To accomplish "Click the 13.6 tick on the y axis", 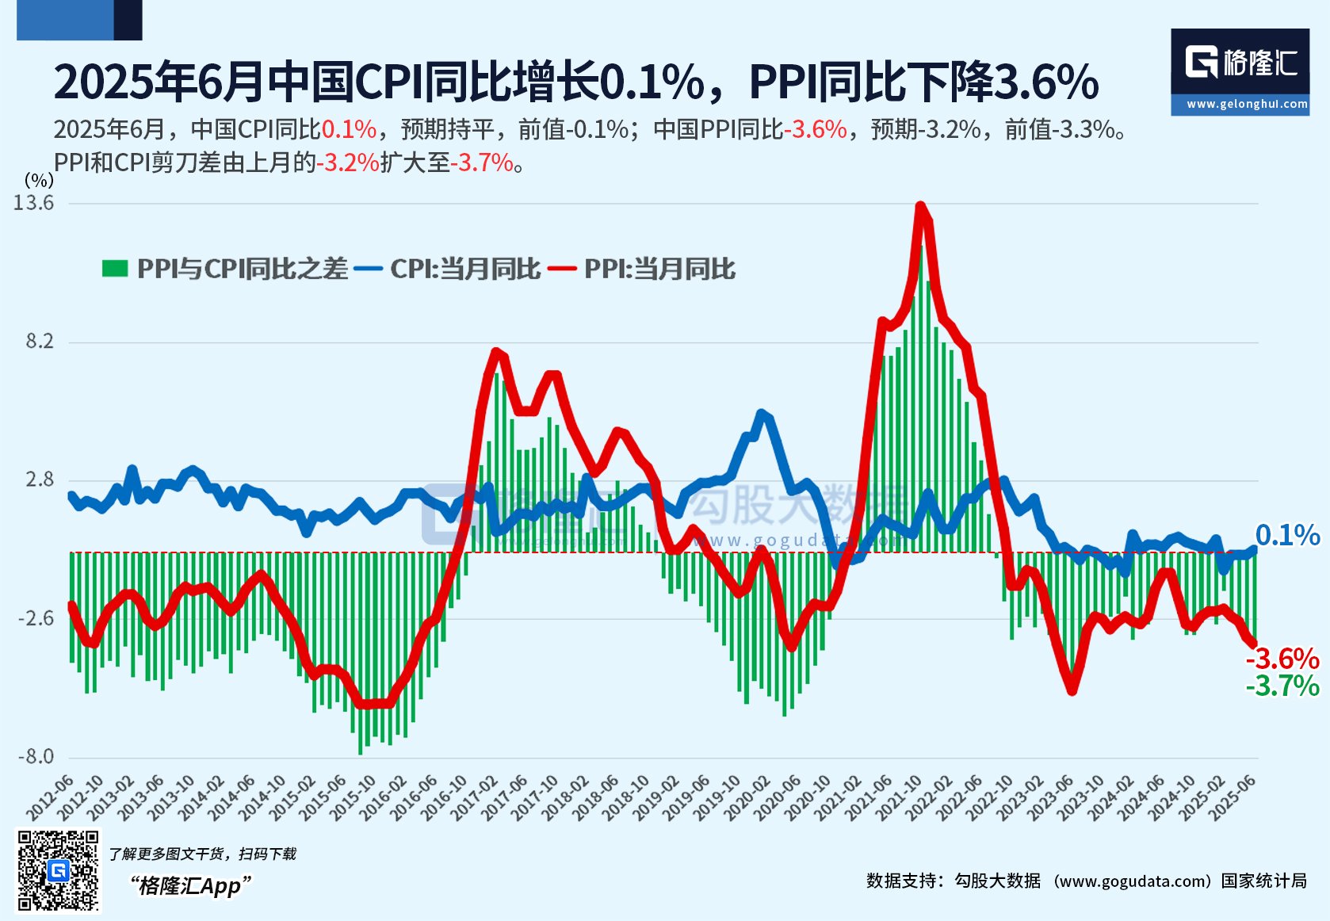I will pyautogui.click(x=34, y=203).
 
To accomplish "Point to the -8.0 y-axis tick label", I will pyautogui.click(x=36, y=756).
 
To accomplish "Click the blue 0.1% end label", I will pyautogui.click(x=1287, y=535).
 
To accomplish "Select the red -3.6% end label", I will pyautogui.click(x=1282, y=659).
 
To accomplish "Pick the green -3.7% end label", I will pyautogui.click(x=1282, y=686).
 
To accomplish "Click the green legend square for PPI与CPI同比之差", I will pyautogui.click(x=115, y=269).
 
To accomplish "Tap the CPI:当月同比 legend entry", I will pyautogui.click(x=465, y=269).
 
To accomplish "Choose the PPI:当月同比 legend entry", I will pyautogui.click(x=659, y=269).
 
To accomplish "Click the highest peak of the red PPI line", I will pyautogui.click(x=920, y=206).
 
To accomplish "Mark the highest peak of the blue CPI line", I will pyautogui.click(x=762, y=413).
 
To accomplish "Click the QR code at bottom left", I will pyautogui.click(x=59, y=870).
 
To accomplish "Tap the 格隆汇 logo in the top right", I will pyautogui.click(x=1240, y=62).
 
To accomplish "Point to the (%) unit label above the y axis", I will pyautogui.click(x=39, y=180).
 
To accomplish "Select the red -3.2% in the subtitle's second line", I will pyautogui.click(x=348, y=162).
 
